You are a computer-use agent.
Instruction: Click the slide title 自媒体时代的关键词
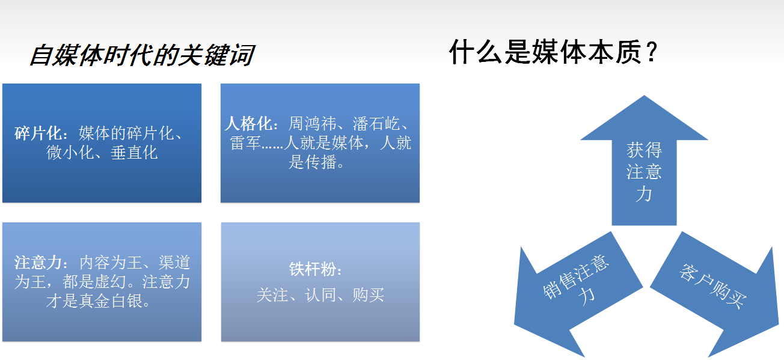click(x=142, y=55)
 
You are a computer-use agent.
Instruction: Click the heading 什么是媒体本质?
click(x=553, y=52)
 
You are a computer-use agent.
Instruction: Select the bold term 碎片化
click(x=38, y=133)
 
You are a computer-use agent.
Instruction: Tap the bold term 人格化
click(x=248, y=123)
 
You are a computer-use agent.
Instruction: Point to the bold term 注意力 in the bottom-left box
click(x=38, y=263)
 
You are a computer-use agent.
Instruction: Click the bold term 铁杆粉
click(x=313, y=269)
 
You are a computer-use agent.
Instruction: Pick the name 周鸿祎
click(x=312, y=123)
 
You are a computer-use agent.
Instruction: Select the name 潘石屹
click(x=376, y=123)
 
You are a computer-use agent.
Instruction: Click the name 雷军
click(x=245, y=143)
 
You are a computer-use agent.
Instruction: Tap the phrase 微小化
click(x=70, y=153)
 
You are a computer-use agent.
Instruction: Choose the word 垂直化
click(x=134, y=153)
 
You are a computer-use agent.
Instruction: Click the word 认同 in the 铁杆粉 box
click(x=320, y=295)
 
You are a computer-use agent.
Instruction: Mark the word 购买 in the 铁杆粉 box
click(x=369, y=295)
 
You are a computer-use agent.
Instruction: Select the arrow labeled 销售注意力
click(x=578, y=294)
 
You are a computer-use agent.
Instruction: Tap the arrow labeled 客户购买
click(x=714, y=294)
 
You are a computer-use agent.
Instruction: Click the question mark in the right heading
click(x=652, y=52)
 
